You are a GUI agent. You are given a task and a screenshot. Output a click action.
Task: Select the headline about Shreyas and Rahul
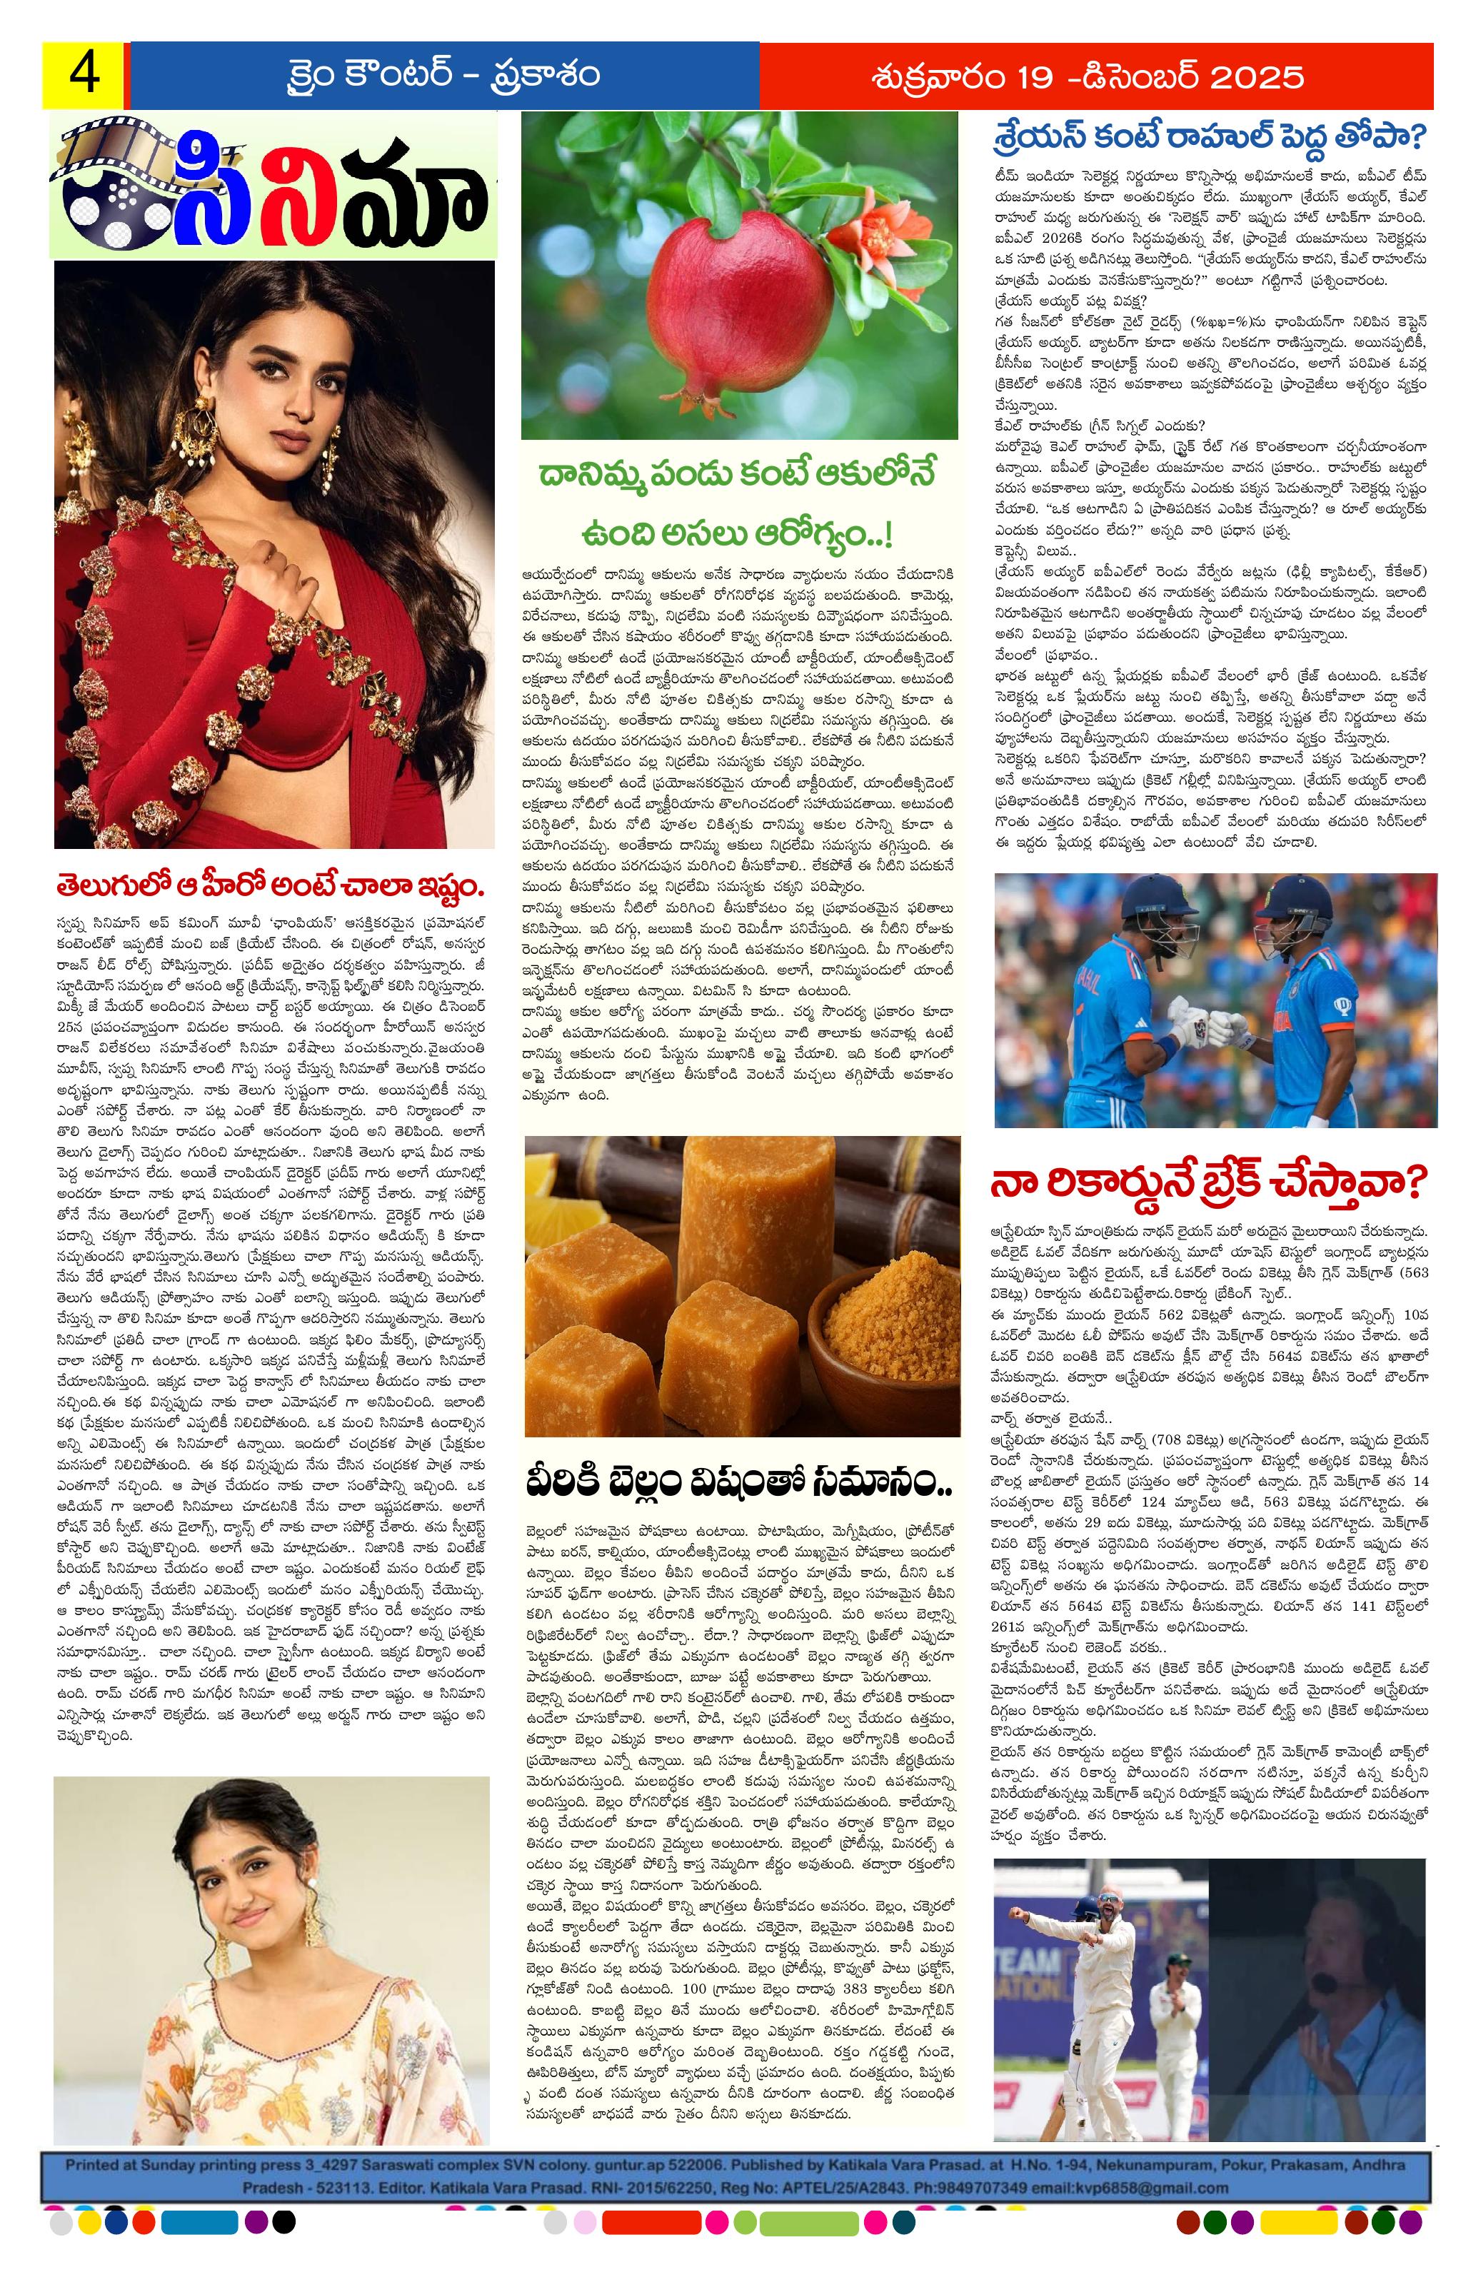click(1210, 136)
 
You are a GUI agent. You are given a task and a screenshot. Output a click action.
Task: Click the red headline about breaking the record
click(1210, 1182)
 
